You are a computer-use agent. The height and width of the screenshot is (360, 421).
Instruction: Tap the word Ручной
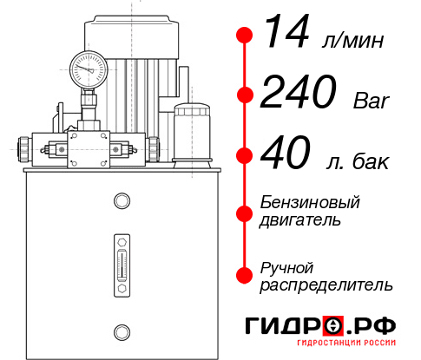click(x=286, y=266)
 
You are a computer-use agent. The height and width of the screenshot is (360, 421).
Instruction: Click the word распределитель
click(x=326, y=285)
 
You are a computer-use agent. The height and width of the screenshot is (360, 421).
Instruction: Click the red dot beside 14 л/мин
click(x=246, y=35)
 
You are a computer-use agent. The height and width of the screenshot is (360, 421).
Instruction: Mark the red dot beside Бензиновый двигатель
click(x=246, y=212)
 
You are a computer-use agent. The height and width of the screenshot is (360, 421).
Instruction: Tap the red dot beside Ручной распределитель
click(x=246, y=275)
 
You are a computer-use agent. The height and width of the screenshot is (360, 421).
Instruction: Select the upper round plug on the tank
click(x=121, y=201)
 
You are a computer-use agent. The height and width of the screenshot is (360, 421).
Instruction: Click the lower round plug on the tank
click(x=121, y=331)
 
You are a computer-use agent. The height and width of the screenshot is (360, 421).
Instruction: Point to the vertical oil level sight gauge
click(x=121, y=261)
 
